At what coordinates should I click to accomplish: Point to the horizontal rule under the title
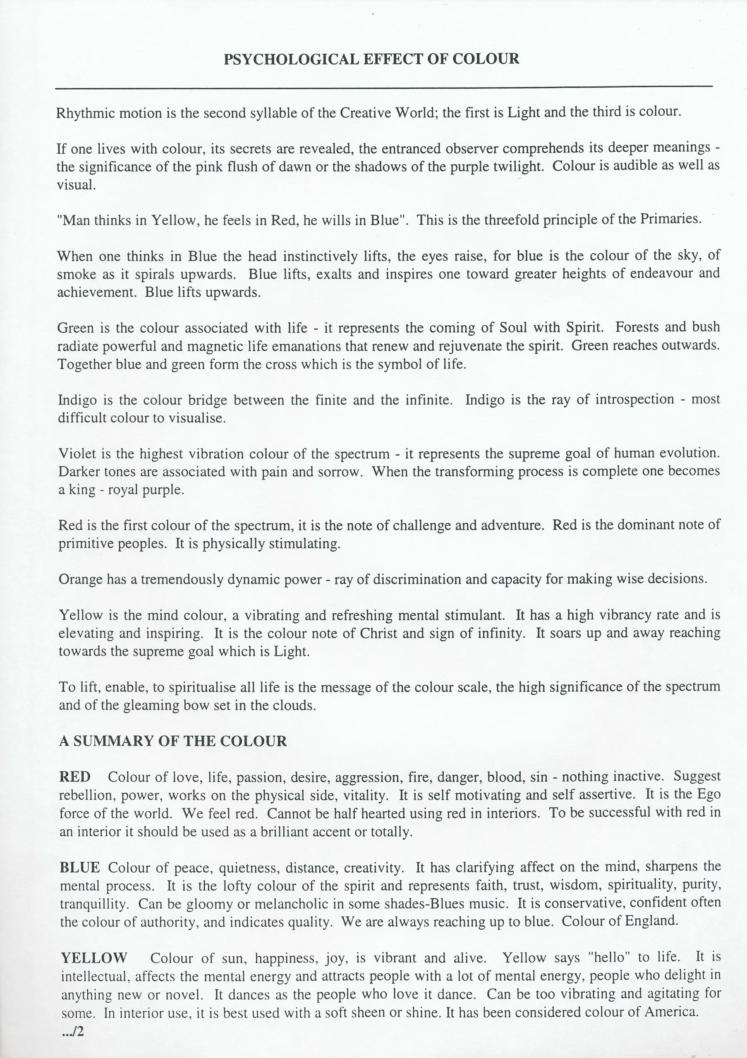384,87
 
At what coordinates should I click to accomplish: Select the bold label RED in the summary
75,777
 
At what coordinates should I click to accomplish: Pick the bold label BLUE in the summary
80,868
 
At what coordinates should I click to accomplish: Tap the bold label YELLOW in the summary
94,958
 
